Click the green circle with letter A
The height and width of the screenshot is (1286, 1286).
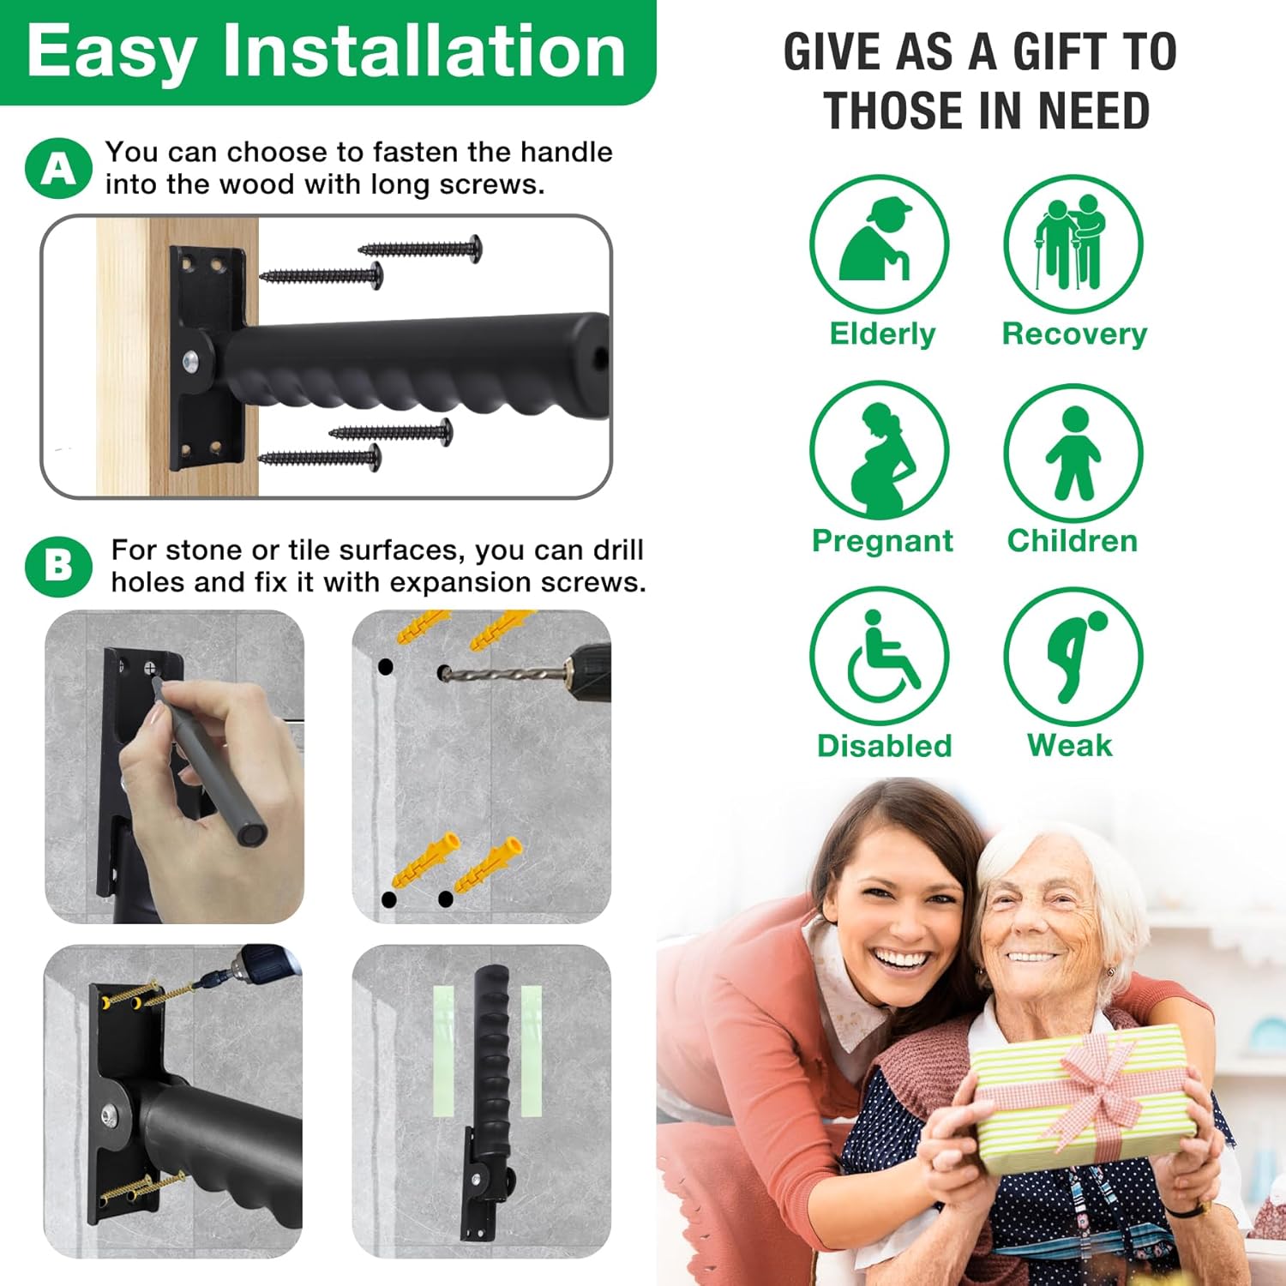click(58, 169)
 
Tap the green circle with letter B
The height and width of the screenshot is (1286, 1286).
click(58, 567)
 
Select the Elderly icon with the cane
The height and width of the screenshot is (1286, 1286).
click(880, 244)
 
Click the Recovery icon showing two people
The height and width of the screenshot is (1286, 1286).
click(1073, 244)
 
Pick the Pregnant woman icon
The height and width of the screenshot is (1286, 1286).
click(880, 451)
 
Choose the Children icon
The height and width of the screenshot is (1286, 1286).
click(1073, 453)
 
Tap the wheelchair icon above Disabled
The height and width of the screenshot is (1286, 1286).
click(880, 657)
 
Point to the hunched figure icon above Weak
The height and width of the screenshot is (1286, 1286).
click(1073, 657)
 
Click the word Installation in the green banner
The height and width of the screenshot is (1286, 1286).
click(424, 51)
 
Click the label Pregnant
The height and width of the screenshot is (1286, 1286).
click(882, 541)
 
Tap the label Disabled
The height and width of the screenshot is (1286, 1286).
click(884, 746)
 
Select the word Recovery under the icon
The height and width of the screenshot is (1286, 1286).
click(1074, 334)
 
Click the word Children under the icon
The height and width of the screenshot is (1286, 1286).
click(1073, 541)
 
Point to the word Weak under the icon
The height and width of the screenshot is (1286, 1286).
click(1069, 746)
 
